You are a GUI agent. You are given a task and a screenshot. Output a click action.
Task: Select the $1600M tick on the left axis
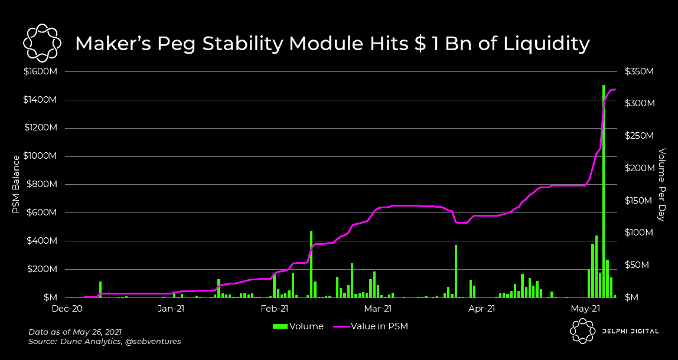coord(40,71)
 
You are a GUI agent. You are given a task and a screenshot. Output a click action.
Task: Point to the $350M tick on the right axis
coord(639,71)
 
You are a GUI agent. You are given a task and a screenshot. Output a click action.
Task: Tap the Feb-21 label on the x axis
coord(275,308)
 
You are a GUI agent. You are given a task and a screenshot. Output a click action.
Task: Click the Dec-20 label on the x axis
coord(67,308)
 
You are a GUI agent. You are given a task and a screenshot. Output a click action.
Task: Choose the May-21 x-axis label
coord(586,308)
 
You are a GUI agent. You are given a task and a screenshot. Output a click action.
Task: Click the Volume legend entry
coord(298,326)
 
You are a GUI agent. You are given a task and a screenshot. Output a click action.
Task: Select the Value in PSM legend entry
coord(379,326)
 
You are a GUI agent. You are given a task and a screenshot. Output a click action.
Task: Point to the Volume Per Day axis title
coord(662,185)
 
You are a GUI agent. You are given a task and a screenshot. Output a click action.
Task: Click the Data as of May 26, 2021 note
coord(75,332)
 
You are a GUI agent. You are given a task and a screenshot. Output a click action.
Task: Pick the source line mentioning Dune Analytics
coord(105,342)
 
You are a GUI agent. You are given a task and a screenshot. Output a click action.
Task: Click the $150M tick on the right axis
coord(639,201)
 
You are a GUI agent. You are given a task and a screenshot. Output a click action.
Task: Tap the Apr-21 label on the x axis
coord(483,308)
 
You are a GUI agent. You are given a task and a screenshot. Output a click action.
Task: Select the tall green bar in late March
coord(456,271)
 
